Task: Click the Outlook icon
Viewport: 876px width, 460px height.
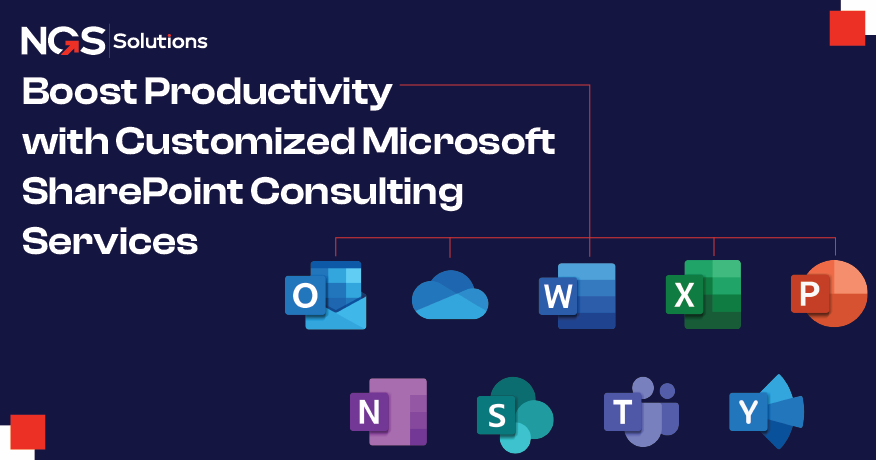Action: pos(325,295)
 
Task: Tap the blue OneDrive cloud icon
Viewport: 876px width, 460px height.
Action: pos(449,296)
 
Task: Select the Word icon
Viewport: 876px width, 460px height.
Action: pos(577,296)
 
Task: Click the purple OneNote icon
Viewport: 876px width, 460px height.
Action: pos(388,411)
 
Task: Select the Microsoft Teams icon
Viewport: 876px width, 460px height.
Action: pos(641,411)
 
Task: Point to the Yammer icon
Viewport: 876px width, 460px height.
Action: pos(766,411)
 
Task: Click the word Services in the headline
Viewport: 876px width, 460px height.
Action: pos(110,241)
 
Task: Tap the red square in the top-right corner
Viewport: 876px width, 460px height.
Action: pos(847,27)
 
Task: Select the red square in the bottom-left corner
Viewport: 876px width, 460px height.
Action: pos(28,431)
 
